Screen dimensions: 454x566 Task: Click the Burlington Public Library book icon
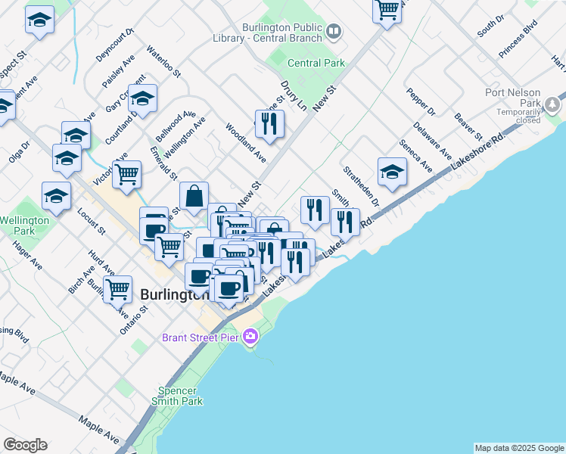(334, 32)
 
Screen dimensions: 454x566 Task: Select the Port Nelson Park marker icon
(554, 102)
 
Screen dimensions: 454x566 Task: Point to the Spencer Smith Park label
(179, 396)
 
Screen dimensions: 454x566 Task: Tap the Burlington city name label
(174, 295)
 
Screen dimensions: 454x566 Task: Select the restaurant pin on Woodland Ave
(269, 123)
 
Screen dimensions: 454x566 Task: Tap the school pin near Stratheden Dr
(392, 172)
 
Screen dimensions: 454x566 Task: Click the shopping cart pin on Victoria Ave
(126, 173)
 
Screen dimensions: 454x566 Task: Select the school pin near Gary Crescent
(141, 98)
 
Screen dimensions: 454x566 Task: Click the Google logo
(25, 445)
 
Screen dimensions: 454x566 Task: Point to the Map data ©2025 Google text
(519, 448)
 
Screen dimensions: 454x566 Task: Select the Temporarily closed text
(518, 116)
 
